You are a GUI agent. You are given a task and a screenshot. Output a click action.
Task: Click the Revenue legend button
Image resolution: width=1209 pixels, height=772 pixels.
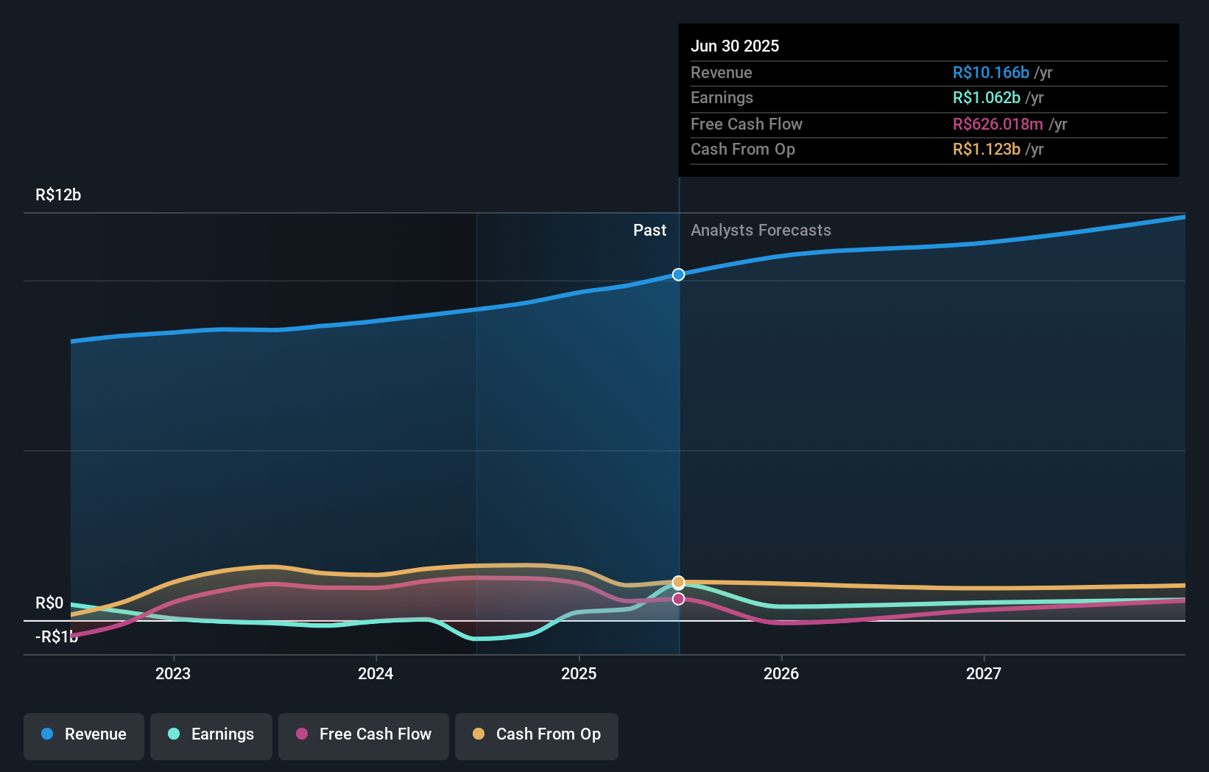[x=84, y=734]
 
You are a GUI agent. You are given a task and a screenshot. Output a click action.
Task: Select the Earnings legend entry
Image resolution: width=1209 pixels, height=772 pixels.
[x=211, y=734]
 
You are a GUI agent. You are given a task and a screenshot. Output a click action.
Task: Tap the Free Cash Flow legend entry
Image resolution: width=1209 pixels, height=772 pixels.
[x=364, y=734]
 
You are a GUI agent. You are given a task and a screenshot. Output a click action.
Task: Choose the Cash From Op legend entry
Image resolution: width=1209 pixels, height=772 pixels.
[x=537, y=734]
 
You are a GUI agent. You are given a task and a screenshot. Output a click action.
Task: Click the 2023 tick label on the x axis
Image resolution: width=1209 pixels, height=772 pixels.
[x=173, y=673]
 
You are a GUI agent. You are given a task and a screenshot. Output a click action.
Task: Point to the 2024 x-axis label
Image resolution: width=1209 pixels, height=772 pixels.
[x=376, y=673]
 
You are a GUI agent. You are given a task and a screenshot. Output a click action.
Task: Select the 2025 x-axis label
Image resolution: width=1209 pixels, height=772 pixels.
[x=579, y=673]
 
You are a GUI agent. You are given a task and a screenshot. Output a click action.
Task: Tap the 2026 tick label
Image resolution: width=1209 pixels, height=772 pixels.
[x=781, y=673]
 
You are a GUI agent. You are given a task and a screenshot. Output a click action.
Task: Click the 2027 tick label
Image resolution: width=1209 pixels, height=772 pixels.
[x=984, y=673]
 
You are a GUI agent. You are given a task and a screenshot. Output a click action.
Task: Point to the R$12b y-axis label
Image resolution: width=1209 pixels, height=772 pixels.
[x=58, y=194]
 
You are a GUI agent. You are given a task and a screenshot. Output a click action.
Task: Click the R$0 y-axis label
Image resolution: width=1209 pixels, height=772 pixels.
[x=49, y=603]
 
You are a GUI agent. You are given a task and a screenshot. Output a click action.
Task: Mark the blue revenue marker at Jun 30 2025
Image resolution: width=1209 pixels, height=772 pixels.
[x=678, y=274]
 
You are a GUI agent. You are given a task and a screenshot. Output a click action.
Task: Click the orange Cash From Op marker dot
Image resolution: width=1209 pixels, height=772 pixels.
[x=678, y=582]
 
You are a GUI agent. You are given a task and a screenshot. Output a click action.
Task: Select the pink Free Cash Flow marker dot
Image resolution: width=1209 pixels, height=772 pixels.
[x=678, y=599]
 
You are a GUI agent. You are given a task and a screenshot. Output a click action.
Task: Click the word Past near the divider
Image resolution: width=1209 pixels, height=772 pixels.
[x=649, y=230]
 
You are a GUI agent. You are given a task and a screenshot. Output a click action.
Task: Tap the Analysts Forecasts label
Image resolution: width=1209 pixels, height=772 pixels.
[x=761, y=230]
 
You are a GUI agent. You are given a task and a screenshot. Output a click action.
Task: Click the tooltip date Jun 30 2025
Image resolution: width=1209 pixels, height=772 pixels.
[x=734, y=46]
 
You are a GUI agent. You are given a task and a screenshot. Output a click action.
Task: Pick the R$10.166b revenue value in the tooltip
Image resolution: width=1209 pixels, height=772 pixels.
[x=990, y=72]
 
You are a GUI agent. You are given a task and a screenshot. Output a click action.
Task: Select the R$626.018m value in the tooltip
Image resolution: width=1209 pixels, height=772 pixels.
[x=997, y=124]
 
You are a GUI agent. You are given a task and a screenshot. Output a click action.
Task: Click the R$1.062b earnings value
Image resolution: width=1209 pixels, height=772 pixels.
[x=986, y=97]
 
